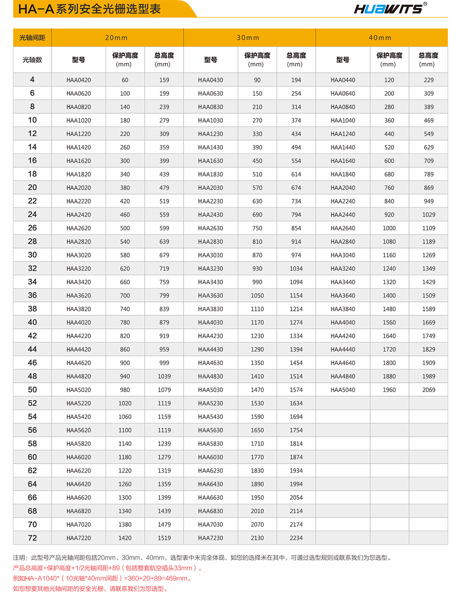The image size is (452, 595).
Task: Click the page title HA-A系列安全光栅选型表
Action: pyautogui.click(x=89, y=9)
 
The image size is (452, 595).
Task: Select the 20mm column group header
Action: pyautogui.click(x=117, y=38)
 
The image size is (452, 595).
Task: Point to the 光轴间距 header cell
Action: pyautogui.click(x=32, y=38)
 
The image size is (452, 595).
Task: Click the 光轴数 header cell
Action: pyautogui.click(x=32, y=60)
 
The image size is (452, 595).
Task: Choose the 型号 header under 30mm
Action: pyautogui.click(x=210, y=60)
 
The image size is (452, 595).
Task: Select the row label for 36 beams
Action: pyautogui.click(x=32, y=295)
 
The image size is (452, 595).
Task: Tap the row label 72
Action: pyautogui.click(x=32, y=538)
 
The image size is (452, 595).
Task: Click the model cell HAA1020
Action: pyautogui.click(x=79, y=121)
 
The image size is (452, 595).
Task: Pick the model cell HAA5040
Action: pyautogui.click(x=343, y=390)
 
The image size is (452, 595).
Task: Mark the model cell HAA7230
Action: pyautogui.click(x=210, y=538)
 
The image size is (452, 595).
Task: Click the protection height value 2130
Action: pyautogui.click(x=257, y=538)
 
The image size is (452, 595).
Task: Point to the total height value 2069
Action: pyautogui.click(x=428, y=390)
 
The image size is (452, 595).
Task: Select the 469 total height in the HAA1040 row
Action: pyautogui.click(x=428, y=121)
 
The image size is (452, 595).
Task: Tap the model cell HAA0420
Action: pyautogui.click(x=79, y=80)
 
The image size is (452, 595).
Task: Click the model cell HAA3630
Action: pyautogui.click(x=210, y=295)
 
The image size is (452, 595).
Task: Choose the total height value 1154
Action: pyautogui.click(x=296, y=295)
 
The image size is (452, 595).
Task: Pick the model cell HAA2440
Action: pyautogui.click(x=343, y=215)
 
